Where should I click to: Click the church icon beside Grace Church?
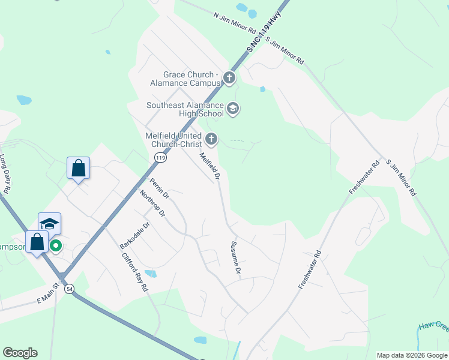pyautogui.click(x=229, y=77)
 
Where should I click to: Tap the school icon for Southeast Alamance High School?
pyautogui.click(x=233, y=109)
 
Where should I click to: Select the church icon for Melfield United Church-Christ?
pyautogui.click(x=211, y=139)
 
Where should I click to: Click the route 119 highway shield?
pyautogui.click(x=160, y=157)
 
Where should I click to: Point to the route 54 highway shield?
pyautogui.click(x=70, y=289)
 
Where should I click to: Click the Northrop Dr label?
pyautogui.click(x=152, y=204)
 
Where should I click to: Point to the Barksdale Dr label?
pyautogui.click(x=133, y=236)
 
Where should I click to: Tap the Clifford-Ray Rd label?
pyautogui.click(x=135, y=272)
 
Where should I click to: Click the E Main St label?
pyautogui.click(x=49, y=293)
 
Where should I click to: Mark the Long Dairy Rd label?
pyautogui.click(x=5, y=173)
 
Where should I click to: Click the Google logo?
pyautogui.click(x=20, y=353)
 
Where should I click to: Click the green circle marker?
pyautogui.click(x=55, y=245)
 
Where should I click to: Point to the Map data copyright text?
pyautogui.click(x=411, y=355)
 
